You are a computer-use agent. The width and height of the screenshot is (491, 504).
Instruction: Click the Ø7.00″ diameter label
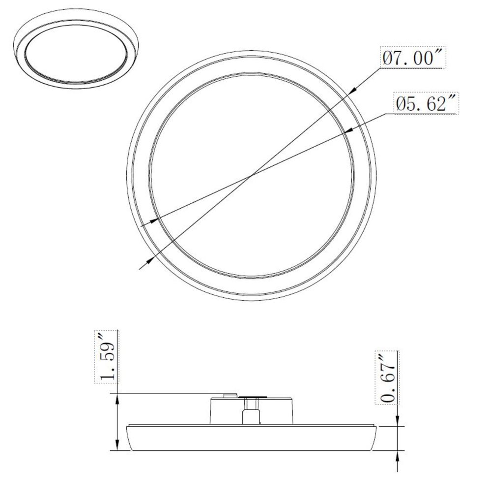click(x=413, y=59)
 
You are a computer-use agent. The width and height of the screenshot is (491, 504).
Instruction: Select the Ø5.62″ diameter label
click(x=426, y=104)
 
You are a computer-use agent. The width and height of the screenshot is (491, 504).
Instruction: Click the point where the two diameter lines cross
click(x=252, y=174)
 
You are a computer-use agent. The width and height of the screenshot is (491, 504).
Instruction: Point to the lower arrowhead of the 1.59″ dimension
click(x=117, y=446)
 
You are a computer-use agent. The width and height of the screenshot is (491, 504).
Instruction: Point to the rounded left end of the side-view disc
click(x=130, y=438)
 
